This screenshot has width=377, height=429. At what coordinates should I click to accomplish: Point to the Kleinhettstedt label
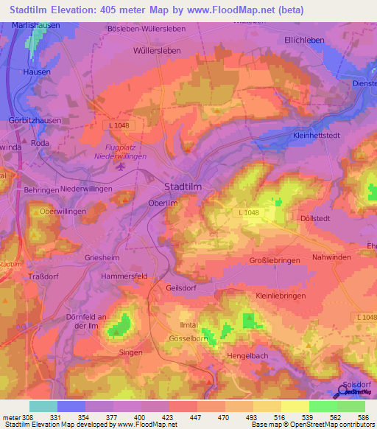[318, 136]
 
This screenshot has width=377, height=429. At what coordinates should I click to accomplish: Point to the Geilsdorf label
[184, 288]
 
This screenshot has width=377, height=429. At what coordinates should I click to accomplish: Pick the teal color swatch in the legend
[43, 406]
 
